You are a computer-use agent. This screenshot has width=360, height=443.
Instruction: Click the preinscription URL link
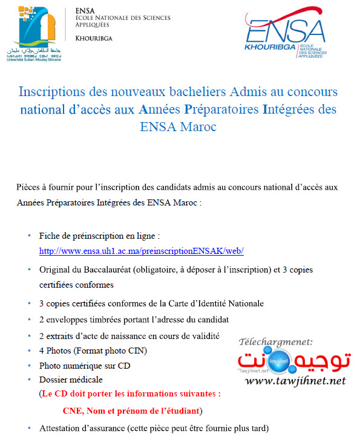point(141,250)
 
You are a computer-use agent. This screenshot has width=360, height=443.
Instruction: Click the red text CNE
point(71,410)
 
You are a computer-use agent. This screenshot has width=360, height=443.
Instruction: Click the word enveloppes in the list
point(70,319)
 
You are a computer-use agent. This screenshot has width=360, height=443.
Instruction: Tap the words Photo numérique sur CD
point(85,366)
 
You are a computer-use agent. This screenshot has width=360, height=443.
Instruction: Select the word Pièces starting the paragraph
point(28,187)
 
